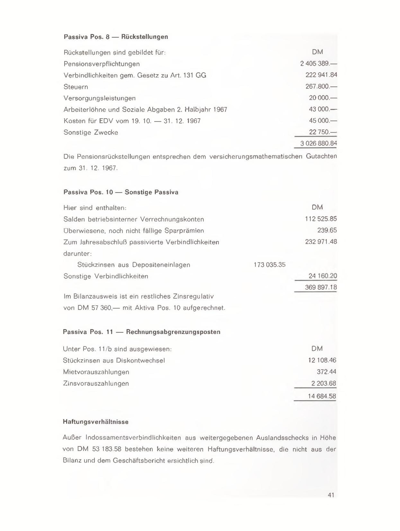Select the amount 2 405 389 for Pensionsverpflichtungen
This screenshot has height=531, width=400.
318,64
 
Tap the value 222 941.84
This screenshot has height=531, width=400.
321,75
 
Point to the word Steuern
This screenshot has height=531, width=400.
76,87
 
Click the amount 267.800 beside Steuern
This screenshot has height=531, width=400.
321,87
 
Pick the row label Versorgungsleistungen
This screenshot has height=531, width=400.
99,98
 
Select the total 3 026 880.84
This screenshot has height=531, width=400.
318,143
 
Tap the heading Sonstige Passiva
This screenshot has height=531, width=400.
152,192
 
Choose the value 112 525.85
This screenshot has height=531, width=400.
321,219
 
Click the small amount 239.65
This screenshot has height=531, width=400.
327,230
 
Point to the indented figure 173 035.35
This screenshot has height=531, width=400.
270,265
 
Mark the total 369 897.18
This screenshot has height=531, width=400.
321,287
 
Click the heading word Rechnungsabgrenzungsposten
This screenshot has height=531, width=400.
173,332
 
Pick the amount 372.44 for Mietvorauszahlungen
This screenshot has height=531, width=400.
326,372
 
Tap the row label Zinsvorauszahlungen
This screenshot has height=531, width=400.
96,384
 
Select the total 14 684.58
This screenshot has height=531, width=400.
322,396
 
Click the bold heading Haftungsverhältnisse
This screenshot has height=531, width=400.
96,422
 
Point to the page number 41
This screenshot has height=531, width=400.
331,495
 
